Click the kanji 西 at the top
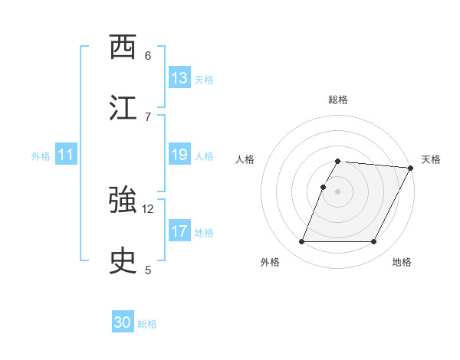123,47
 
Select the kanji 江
123,108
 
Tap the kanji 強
123,201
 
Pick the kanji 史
123,262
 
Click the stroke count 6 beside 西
148,55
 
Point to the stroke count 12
148,208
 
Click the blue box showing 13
179,78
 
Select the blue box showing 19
179,155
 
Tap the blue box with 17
179,231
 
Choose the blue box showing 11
66,155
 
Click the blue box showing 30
123,323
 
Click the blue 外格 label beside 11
41,156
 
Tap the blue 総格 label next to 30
147,324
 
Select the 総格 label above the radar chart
338,100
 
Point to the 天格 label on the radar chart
431,159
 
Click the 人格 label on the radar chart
245,159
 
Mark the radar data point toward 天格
412,168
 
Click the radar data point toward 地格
374,242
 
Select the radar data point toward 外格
301,242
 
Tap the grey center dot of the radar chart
338,191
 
